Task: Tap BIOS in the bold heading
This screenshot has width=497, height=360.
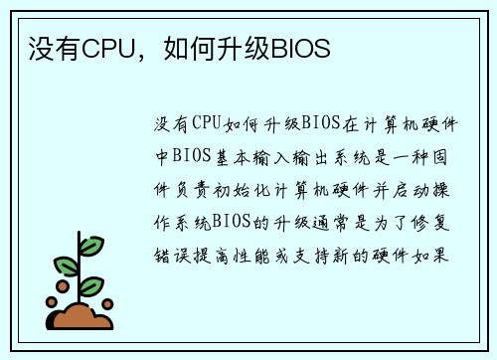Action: coord(300,48)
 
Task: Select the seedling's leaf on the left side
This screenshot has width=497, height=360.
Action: coord(66,266)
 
